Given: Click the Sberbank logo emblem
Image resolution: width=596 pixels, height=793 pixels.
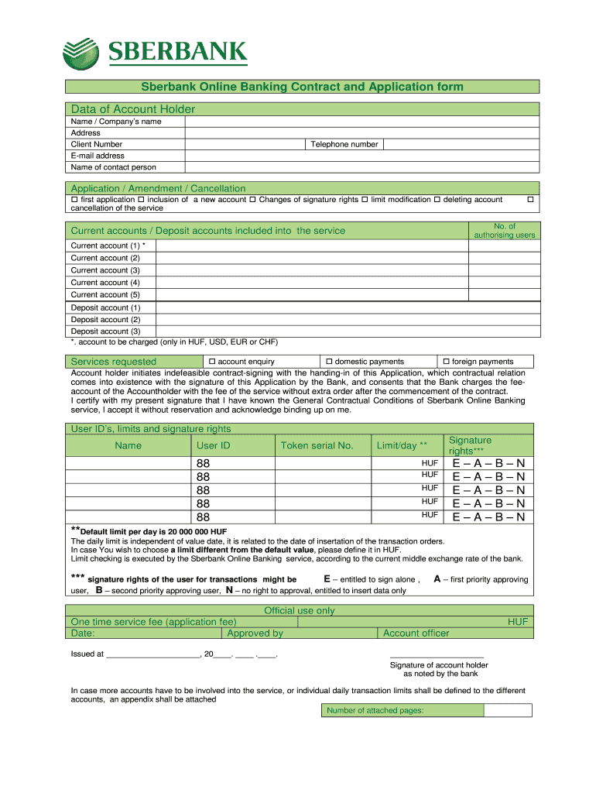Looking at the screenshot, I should (x=81, y=53).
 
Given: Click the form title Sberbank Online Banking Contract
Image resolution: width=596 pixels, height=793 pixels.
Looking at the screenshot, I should (x=301, y=87).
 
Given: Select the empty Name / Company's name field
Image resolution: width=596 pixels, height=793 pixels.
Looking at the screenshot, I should (x=361, y=122).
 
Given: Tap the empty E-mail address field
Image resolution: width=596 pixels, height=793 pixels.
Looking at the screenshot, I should (x=361, y=156).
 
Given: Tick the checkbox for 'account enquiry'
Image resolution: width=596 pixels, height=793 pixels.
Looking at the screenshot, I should (x=212, y=362).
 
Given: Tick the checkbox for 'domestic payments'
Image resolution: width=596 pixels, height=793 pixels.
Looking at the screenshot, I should (x=329, y=362).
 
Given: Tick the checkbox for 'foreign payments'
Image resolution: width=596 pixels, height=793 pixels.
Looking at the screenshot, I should (x=446, y=362).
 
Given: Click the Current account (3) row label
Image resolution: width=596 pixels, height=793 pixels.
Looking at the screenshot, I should (x=105, y=270).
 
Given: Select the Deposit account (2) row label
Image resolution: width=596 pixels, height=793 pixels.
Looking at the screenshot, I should (x=105, y=319).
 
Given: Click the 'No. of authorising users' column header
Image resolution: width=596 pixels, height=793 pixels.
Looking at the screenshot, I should (x=504, y=231).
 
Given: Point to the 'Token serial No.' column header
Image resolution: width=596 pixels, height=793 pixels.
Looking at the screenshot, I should (x=317, y=445).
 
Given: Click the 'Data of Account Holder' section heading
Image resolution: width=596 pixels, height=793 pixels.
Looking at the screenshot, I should (x=133, y=109).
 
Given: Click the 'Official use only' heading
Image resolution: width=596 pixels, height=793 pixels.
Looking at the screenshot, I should (x=300, y=610).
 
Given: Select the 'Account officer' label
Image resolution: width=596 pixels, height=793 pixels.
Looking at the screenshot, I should (x=416, y=633).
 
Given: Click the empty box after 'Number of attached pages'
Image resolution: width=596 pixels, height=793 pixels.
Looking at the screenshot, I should (x=508, y=710).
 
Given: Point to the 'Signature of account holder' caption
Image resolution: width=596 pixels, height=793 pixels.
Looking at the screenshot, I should (x=439, y=665).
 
